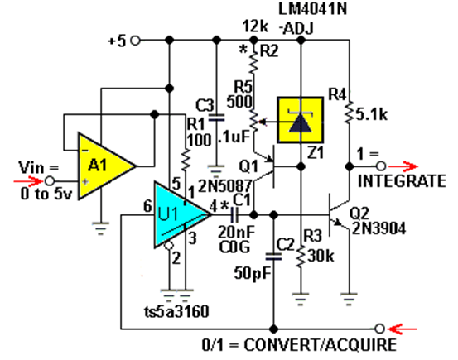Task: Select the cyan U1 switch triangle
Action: point(178,215)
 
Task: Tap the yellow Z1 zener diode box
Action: point(301,120)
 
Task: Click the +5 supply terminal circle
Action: point(135,41)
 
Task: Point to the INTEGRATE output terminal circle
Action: point(381,166)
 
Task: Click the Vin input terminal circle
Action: point(50,181)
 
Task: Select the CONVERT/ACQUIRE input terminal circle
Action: point(379,329)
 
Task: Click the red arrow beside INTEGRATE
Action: point(403,166)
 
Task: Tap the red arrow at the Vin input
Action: point(29,181)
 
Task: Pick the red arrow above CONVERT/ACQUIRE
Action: point(403,329)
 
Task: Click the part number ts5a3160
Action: point(176,311)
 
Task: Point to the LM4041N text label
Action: point(313,9)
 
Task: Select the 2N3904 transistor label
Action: point(379,228)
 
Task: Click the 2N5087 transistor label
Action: point(225,185)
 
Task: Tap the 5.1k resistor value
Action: point(372,115)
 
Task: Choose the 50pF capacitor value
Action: point(253,273)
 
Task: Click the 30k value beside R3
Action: point(321,256)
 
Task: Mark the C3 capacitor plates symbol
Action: point(216,118)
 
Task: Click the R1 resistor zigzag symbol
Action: point(185,160)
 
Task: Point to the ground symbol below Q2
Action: point(349,299)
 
